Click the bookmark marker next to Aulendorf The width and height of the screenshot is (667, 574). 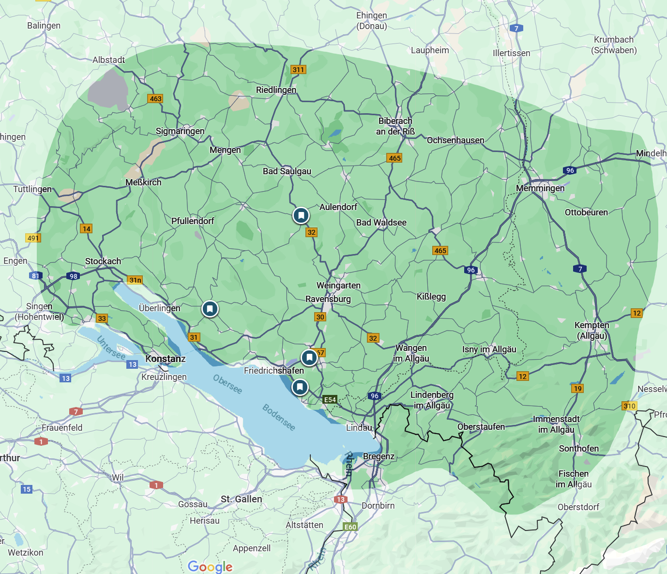point(301,215)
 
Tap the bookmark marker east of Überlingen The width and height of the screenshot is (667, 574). point(210,309)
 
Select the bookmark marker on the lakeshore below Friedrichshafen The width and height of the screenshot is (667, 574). point(300,387)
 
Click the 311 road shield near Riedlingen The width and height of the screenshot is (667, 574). point(298,70)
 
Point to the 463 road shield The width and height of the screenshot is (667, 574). point(155,99)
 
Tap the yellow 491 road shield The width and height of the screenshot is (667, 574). point(33,238)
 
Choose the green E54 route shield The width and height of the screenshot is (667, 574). point(330,400)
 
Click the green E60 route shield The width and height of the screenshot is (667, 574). point(350,527)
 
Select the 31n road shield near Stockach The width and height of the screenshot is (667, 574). point(136,280)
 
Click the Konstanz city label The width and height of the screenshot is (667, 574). point(166,359)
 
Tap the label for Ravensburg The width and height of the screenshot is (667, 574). point(328,299)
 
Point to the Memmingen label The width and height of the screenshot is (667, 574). point(540,188)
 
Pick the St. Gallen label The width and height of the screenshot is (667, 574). point(241,499)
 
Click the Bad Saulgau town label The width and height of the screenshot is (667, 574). point(287,171)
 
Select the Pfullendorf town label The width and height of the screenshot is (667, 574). point(193,221)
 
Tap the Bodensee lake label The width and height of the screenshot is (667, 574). point(279,417)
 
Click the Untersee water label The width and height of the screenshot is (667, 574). point(111,348)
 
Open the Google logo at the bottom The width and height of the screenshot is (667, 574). point(210,567)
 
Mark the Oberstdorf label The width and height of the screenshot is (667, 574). point(578,507)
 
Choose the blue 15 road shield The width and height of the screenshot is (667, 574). point(27,489)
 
